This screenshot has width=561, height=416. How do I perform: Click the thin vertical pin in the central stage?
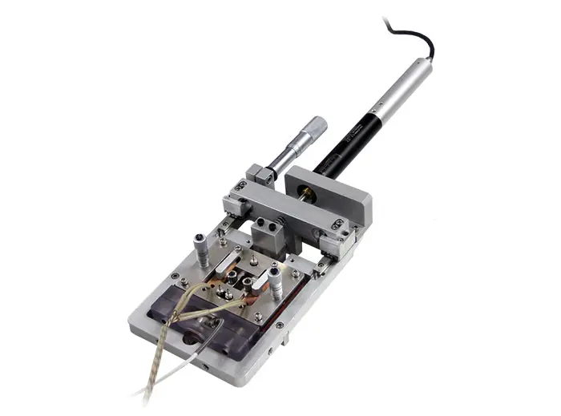click(x=252, y=261)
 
